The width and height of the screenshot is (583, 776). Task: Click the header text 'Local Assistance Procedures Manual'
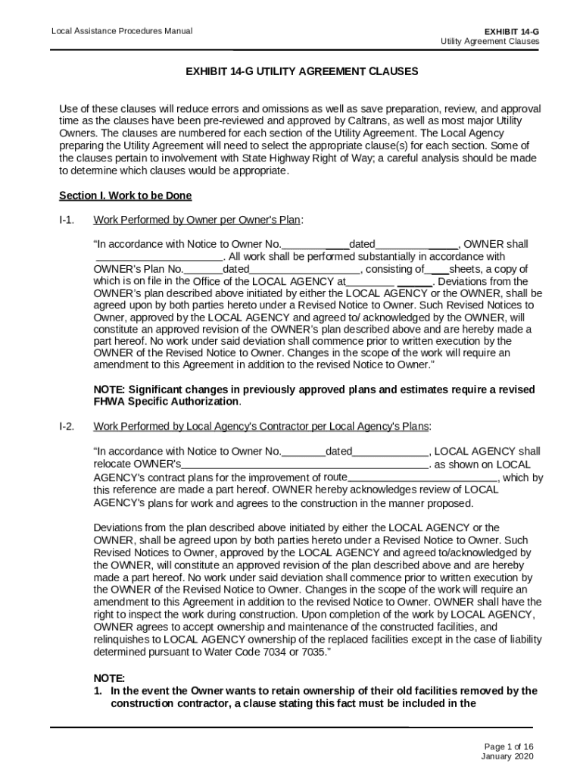click(121, 31)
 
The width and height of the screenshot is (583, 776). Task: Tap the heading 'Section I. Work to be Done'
click(125, 196)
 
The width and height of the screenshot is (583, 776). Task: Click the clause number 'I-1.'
click(67, 220)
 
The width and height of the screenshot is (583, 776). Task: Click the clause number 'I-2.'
click(67, 426)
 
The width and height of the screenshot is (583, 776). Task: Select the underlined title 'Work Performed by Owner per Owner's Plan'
click(197, 220)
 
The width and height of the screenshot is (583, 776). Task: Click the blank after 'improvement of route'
click(422, 477)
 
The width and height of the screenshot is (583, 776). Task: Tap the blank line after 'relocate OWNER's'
click(305, 465)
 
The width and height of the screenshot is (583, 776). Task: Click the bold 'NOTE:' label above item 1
click(109, 678)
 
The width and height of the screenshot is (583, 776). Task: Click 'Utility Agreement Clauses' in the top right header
click(490, 42)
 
